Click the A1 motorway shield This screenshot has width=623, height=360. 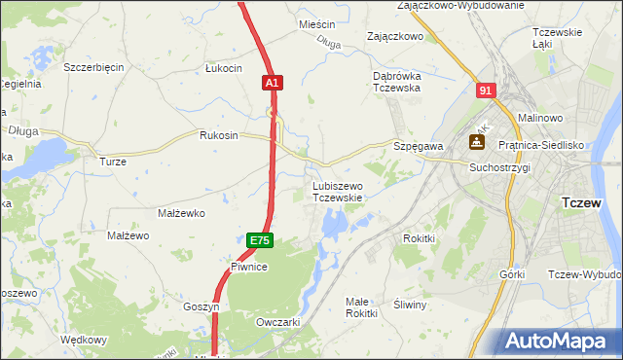[x=273, y=85]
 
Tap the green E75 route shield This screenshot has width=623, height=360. [x=259, y=240]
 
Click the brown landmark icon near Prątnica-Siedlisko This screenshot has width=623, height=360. [x=478, y=142]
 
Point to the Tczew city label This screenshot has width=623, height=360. [x=586, y=203]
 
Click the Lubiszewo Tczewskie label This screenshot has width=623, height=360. [x=337, y=191]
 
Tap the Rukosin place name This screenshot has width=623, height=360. [x=218, y=135]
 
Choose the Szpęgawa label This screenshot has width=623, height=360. [x=419, y=145]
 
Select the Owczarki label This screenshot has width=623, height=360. [x=276, y=321]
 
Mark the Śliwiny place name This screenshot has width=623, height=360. [x=410, y=305]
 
